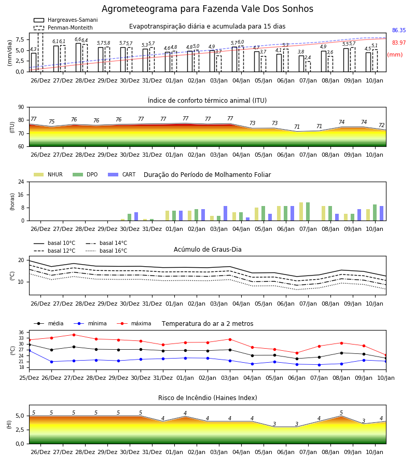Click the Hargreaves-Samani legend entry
[65, 20]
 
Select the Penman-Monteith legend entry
[63, 28]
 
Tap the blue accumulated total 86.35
[399, 31]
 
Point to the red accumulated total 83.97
[399, 43]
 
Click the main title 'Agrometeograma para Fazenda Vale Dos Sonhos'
[208, 9]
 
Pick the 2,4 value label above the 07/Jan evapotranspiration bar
[308, 58]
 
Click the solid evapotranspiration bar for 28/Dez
[78, 58]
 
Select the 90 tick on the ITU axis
[21, 107]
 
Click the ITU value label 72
[382, 126]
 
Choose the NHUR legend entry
[48, 174]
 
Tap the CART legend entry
[122, 174]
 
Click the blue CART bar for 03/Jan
[225, 213]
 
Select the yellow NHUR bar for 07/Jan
[301, 212]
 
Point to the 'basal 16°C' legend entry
[106, 251]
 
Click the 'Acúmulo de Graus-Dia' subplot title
[208, 250]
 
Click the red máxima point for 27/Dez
[74, 335]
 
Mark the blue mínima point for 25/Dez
[29, 351]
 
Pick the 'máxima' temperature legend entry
[134, 323]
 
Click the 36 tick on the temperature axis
[21, 333]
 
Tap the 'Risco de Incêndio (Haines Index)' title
[208, 398]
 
